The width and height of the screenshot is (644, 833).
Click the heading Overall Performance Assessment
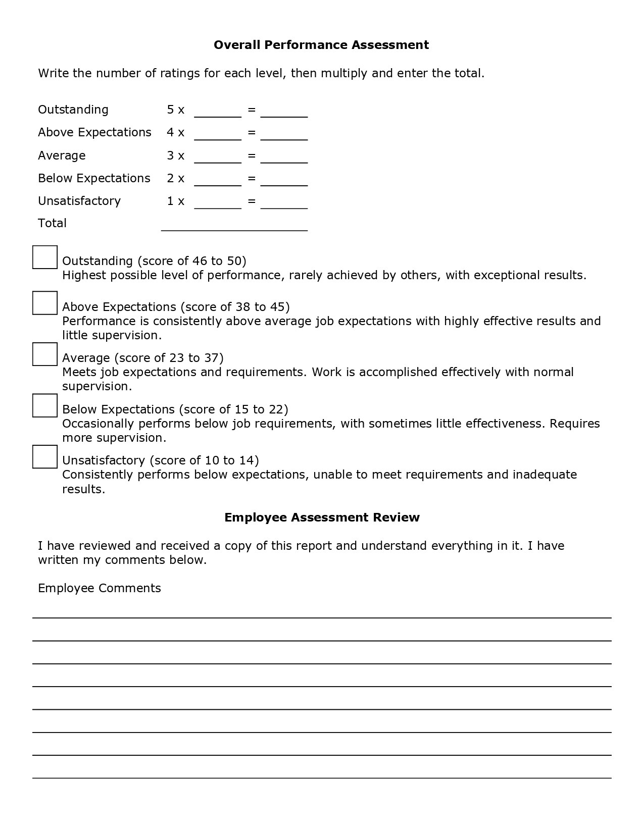tap(321, 45)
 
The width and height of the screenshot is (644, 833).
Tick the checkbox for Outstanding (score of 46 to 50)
tap(45, 257)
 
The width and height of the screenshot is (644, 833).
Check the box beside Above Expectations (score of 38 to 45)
tap(45, 303)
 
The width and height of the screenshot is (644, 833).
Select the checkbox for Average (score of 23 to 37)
tap(45, 354)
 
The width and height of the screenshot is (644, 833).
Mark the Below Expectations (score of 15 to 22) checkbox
tap(45, 405)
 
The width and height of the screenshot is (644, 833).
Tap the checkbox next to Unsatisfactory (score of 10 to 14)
tap(45, 456)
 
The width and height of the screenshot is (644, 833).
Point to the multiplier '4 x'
tap(175, 132)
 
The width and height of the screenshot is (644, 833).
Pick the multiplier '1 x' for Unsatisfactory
tap(175, 201)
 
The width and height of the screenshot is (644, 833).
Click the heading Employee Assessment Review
tap(322, 517)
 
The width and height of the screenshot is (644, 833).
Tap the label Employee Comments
tap(100, 588)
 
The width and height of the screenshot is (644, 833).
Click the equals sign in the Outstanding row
tap(252, 110)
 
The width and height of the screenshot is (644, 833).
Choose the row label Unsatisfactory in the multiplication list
tap(79, 201)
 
